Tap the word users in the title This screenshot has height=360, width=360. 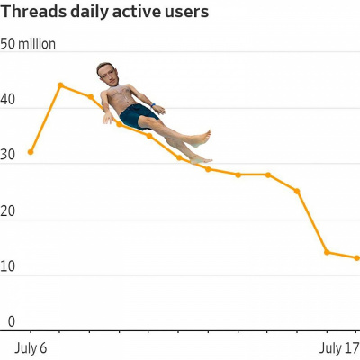[185, 12]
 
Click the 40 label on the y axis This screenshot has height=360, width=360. [8, 104]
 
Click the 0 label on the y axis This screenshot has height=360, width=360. [12, 321]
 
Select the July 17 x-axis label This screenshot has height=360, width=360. [340, 347]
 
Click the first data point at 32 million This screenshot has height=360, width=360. [31, 152]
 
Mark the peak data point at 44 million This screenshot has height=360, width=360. [60, 85]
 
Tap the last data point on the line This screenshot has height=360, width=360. [356, 257]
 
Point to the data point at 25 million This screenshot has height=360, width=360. [297, 191]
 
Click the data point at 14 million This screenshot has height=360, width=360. [327, 252]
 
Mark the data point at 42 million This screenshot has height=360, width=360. [90, 96]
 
